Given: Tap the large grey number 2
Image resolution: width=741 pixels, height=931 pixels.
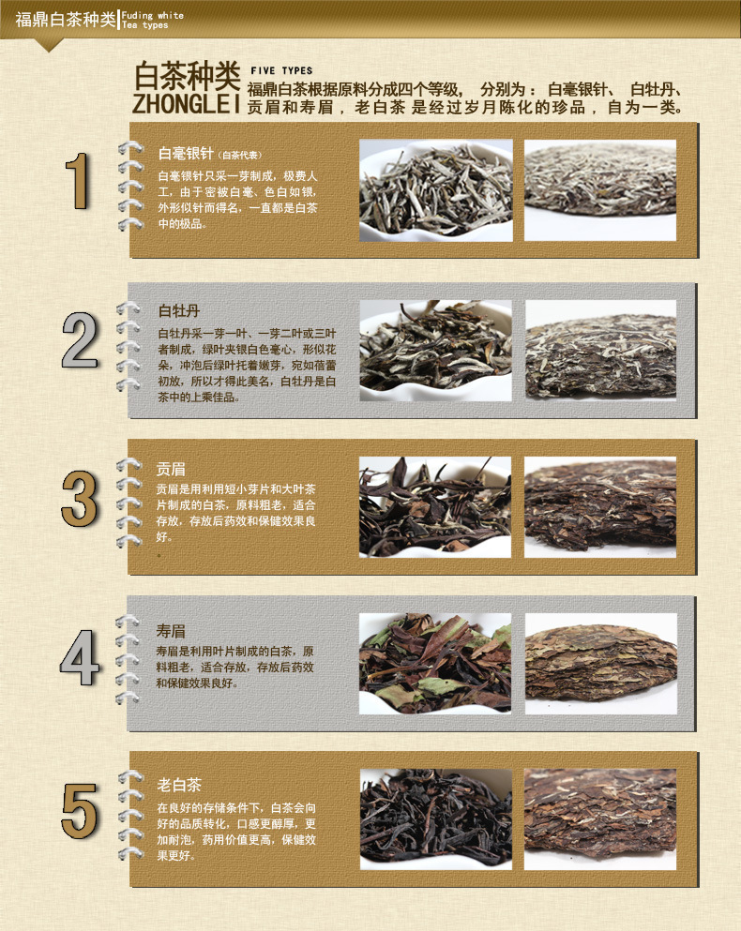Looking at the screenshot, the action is [x=80, y=339].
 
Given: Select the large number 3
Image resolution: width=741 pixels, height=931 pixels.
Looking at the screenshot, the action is [x=79, y=498].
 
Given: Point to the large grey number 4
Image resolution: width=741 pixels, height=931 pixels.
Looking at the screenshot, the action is [x=79, y=657].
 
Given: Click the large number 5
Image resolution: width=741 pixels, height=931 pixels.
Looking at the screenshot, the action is [x=79, y=811].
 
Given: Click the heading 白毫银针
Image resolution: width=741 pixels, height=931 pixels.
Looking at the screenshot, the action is [x=186, y=154].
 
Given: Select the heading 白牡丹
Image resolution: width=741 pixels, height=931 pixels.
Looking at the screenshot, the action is [x=179, y=310].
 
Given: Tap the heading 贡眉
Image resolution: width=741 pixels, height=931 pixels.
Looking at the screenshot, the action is [x=171, y=469].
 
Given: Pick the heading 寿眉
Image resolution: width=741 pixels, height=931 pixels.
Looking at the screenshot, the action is [x=171, y=631].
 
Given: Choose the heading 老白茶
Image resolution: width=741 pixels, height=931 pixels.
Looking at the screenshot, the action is [x=179, y=785].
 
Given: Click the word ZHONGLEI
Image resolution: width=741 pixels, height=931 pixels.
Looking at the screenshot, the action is [x=186, y=103].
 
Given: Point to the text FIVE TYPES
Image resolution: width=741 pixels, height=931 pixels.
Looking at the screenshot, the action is [x=281, y=70].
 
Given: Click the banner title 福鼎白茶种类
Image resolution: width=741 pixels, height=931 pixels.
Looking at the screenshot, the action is [x=66, y=20].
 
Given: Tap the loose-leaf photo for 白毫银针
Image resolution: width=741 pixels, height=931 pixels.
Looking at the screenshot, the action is [x=435, y=190].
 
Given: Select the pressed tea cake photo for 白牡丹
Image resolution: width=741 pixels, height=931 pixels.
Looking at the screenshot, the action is [x=600, y=351].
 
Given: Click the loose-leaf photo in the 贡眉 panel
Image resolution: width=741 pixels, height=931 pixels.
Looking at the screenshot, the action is [x=435, y=507].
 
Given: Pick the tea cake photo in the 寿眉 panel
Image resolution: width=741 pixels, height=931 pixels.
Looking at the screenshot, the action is [x=600, y=664].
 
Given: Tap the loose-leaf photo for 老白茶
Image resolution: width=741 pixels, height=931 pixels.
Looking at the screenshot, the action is [x=435, y=819].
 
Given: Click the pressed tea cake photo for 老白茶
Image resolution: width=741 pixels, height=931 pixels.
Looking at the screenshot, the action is [x=600, y=819].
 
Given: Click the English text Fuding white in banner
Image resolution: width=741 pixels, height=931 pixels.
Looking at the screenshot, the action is [x=153, y=15].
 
